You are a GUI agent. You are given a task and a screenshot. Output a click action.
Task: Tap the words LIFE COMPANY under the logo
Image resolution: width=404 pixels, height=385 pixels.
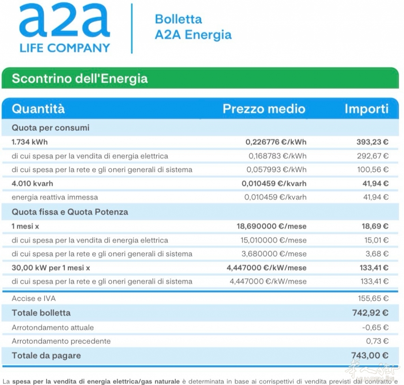pyautogui.click(x=65, y=48)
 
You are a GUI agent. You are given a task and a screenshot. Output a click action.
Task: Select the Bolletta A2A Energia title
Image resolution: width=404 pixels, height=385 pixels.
pyautogui.click(x=193, y=27)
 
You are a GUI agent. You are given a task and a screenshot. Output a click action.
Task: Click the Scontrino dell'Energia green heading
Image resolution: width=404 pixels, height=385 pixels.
pyautogui.click(x=80, y=78)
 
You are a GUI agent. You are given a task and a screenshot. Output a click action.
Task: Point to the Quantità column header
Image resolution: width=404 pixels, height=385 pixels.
pyautogui.click(x=38, y=109)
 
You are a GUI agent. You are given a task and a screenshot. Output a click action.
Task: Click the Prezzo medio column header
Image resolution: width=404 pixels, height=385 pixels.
pyautogui.click(x=264, y=109)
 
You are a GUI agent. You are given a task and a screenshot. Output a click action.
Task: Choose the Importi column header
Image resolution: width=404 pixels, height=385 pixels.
pyautogui.click(x=367, y=109)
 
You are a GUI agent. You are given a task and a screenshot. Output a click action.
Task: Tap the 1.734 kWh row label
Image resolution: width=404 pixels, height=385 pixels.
pyautogui.click(x=30, y=142)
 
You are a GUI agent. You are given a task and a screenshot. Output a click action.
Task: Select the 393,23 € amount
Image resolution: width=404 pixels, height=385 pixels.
pyautogui.click(x=372, y=142)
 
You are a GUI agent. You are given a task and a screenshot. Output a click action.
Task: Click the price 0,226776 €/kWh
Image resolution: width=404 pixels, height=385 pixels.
pyautogui.click(x=276, y=142)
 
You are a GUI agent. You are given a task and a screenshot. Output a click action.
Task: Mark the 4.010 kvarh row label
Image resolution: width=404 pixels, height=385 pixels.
pyautogui.click(x=32, y=183)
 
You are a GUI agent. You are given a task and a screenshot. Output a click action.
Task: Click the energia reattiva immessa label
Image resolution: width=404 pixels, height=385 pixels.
pyautogui.click(x=55, y=197)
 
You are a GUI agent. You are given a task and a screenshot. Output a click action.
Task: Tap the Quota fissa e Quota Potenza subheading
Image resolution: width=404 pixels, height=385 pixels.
pyautogui.click(x=70, y=212)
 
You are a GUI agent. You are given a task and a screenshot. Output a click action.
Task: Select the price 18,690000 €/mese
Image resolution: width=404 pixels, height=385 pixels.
pyautogui.click(x=271, y=226)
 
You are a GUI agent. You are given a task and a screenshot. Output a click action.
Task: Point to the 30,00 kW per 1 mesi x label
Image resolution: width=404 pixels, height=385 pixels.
pyautogui.click(x=51, y=268)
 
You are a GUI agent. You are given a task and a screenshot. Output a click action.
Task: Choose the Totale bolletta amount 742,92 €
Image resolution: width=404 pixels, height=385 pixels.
pyautogui.click(x=370, y=313)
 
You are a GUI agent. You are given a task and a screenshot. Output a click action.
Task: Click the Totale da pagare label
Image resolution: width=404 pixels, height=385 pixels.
pyautogui.click(x=46, y=355)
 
